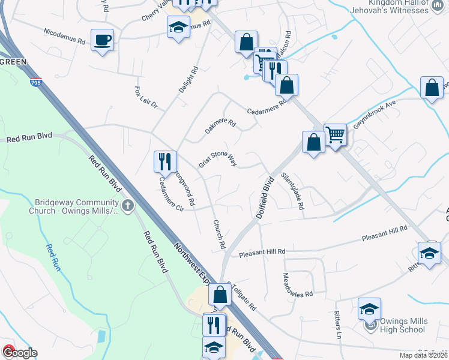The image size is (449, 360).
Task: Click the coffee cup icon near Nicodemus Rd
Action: click(x=102, y=40)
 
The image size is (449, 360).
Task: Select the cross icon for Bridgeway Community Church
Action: click(x=127, y=206)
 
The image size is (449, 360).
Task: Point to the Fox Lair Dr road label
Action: click(x=145, y=97)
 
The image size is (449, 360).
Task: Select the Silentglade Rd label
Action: click(x=294, y=191)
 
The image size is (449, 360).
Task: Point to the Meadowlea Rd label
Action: click(x=298, y=286)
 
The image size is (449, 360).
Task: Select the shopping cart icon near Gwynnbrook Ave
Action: click(x=335, y=134)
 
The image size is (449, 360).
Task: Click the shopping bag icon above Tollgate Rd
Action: click(x=220, y=294)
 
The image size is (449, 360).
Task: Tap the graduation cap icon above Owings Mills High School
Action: click(x=369, y=309)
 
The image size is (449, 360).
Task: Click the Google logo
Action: click(x=19, y=353)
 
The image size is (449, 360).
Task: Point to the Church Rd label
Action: click(x=218, y=234)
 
